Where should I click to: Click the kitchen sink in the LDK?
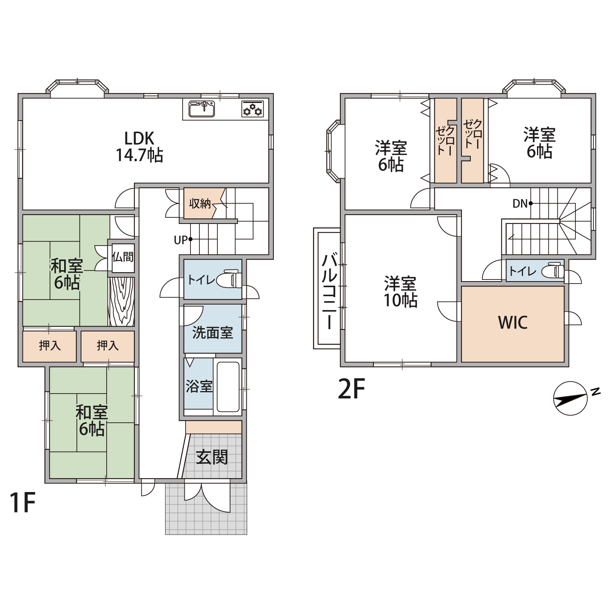point(201,109)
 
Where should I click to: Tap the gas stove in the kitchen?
point(253,109)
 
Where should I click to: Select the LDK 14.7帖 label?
point(139,147)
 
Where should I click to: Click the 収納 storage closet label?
point(200,204)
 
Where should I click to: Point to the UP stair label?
point(181,240)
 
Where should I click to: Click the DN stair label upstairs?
point(520,204)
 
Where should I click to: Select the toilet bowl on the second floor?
point(553,271)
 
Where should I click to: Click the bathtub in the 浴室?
point(228,387)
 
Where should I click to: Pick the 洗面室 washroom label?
point(213,333)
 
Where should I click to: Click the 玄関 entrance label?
point(212,457)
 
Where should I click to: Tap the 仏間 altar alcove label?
point(123,257)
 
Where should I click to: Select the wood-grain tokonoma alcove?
point(121,302)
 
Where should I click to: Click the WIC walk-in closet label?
point(513,323)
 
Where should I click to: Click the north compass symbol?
point(570,398)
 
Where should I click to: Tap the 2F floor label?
point(351,389)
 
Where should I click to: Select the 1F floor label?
point(23,502)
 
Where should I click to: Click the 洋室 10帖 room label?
point(400,292)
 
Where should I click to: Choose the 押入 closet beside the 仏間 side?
point(107,346)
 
